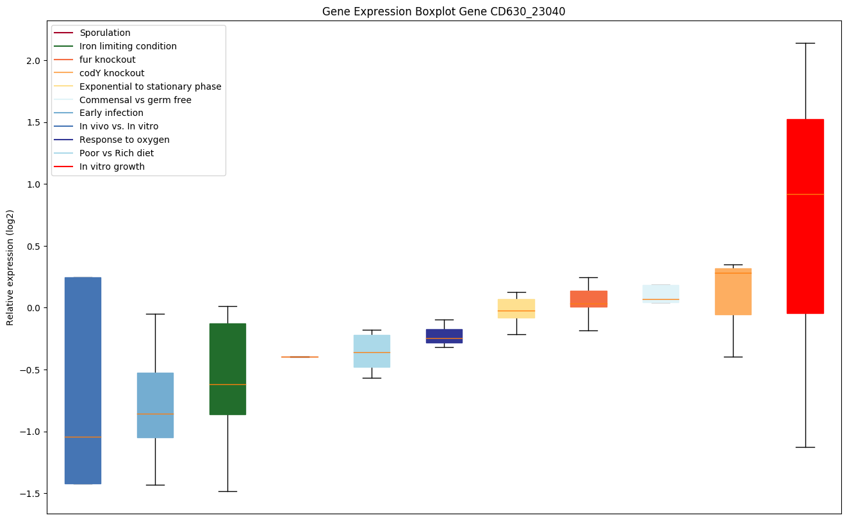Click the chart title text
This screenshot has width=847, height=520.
point(444,12)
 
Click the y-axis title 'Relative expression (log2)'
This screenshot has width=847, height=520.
point(10,267)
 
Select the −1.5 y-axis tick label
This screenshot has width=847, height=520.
point(29,494)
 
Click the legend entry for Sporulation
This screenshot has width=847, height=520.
point(104,33)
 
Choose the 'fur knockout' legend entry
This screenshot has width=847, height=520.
point(107,60)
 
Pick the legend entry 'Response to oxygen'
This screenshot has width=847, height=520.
point(124,140)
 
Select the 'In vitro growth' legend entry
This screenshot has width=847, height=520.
point(111,167)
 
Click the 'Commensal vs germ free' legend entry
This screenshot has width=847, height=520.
point(135,100)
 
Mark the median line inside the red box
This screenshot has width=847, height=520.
point(805,194)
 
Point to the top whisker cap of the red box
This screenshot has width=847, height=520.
point(805,43)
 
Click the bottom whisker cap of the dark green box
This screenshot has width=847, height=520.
point(227,491)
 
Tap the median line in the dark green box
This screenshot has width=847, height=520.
point(227,384)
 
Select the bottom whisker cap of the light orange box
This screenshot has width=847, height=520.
point(733,357)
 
